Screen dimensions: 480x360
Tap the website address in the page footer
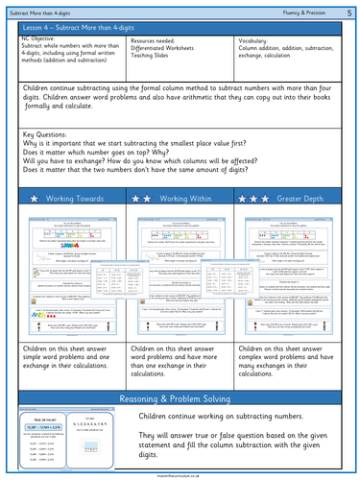180,472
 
